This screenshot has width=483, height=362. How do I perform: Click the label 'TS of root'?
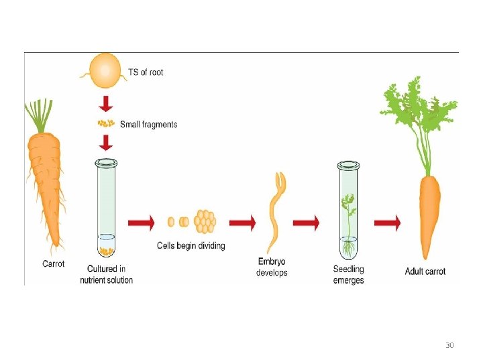(145, 72)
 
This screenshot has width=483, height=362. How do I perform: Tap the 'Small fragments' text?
(148, 124)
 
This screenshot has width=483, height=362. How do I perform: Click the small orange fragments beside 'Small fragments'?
(105, 123)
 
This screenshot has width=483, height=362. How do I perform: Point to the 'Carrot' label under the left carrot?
(54, 264)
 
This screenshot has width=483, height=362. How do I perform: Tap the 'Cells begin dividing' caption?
(191, 246)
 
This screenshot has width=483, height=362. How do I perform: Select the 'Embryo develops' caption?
(272, 267)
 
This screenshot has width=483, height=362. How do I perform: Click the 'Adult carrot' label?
(425, 271)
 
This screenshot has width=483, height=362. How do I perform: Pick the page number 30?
(449, 346)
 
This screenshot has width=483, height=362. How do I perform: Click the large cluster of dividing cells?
(205, 221)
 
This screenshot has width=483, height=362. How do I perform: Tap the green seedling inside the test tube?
(348, 215)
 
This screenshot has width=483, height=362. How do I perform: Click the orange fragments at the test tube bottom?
(105, 251)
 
